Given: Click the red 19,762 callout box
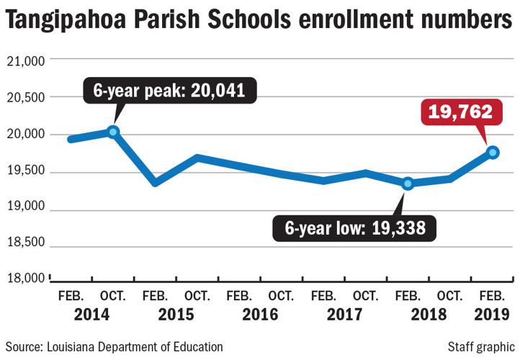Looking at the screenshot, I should pyautogui.click(x=460, y=112).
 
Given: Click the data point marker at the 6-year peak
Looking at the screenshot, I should pyautogui.click(x=112, y=132).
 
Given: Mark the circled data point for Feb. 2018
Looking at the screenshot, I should pyautogui.click(x=408, y=184).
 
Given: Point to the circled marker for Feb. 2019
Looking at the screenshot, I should pyautogui.click(x=493, y=152).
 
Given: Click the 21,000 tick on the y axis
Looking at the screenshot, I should pyautogui.click(x=27, y=61).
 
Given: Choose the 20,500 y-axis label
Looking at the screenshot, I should pyautogui.click(x=27, y=97).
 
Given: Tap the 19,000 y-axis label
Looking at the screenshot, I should pyautogui.click(x=27, y=207).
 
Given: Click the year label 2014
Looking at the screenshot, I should pyautogui.click(x=91, y=314).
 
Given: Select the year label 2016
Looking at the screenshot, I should pyautogui.click(x=260, y=314).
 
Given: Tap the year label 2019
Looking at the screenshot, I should pyautogui.click(x=493, y=314).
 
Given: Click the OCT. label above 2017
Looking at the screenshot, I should pyautogui.click(x=366, y=296).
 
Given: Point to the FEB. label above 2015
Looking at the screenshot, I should pyautogui.click(x=155, y=296).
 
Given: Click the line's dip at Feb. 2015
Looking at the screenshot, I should pyautogui.click(x=155, y=183).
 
